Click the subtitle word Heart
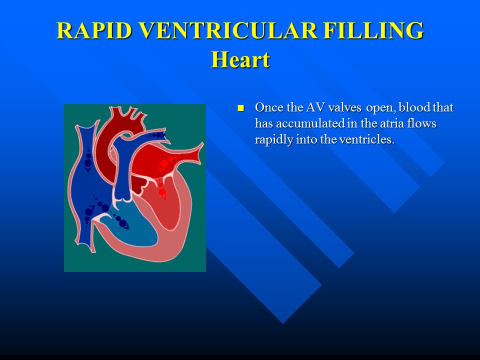(x=240, y=59)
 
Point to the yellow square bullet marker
(x=240, y=108)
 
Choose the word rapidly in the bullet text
(x=273, y=139)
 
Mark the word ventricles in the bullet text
(x=367, y=139)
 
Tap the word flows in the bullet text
(x=423, y=124)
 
